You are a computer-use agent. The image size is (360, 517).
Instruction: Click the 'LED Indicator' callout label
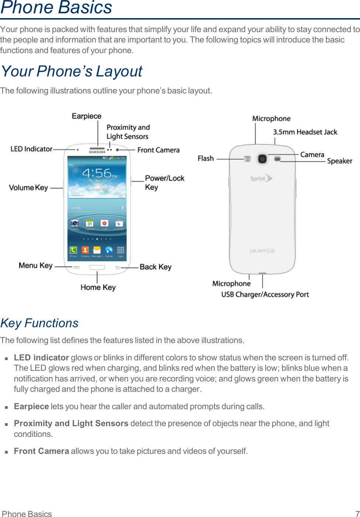pos(31,149)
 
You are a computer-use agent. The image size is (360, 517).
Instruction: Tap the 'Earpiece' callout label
pos(86,116)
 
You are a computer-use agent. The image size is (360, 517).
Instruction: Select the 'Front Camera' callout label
pos(158,150)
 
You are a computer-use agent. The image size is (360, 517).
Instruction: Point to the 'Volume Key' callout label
pos(28,188)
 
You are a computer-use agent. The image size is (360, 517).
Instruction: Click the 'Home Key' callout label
pos(98,287)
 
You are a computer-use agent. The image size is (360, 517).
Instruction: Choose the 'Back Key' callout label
pos(155,267)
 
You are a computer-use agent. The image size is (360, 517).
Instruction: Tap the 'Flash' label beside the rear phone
pos(206,158)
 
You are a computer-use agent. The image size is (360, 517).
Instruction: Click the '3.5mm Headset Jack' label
pos(305,132)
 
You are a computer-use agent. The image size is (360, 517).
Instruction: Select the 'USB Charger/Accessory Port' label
pos(265,294)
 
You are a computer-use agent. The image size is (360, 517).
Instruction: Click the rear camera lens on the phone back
pos(262,159)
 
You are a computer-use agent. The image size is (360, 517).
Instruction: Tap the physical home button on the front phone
pos(97,267)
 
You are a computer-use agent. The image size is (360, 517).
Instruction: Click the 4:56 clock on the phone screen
pos(97,173)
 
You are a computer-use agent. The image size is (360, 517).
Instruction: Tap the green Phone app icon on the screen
pos(73,250)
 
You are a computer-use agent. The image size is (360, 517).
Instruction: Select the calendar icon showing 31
pos(89,223)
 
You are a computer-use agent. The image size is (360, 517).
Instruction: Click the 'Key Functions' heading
pos(40,323)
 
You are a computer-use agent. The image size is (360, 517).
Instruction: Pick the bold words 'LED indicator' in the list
pos(41,357)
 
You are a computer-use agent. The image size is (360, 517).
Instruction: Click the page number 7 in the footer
pos(357,513)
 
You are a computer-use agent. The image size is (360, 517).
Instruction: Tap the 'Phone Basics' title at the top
pos(56,8)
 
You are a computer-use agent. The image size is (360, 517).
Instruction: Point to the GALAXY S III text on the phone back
pos(262,251)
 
